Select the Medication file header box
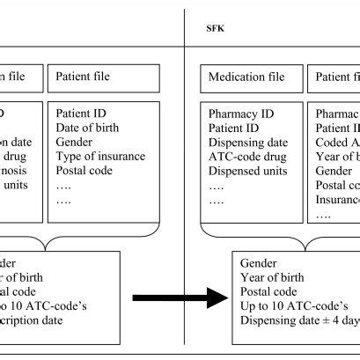pyautogui.click(x=246, y=77)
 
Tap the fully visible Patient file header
pyautogui.click(x=84, y=77)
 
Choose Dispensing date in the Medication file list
pyautogui.click(x=248, y=143)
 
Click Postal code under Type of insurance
pyautogui.click(x=84, y=171)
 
